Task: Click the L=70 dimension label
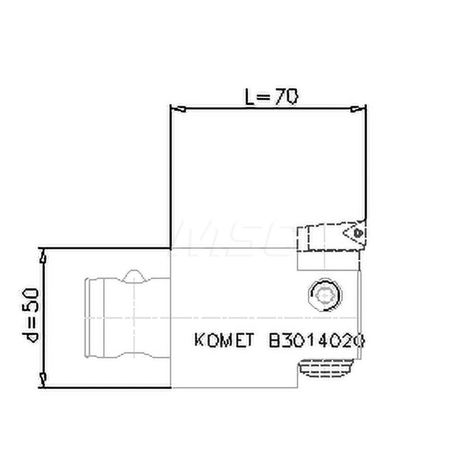click(271, 98)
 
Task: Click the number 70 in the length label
click(287, 98)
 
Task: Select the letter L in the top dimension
click(251, 98)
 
